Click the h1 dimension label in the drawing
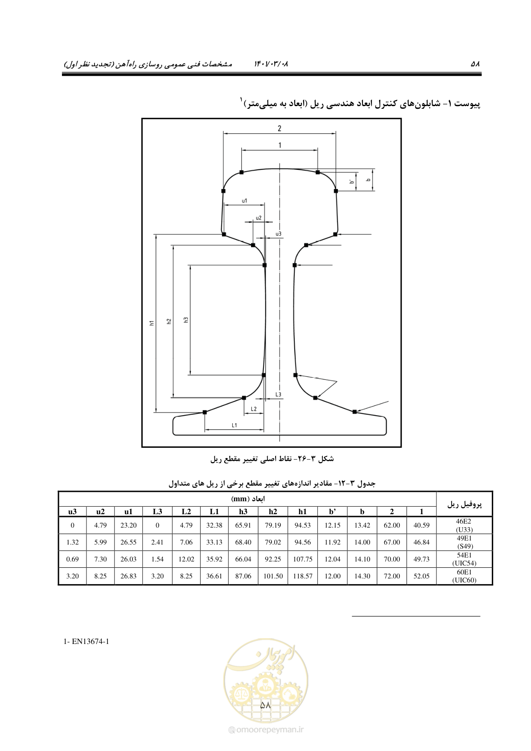152,323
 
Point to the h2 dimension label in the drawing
169,321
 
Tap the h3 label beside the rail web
186,320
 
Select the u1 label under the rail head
244,201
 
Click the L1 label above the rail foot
235,425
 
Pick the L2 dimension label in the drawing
254,409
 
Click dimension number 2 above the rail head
280,128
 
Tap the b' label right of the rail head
351,182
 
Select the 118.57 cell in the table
302,576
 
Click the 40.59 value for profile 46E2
421,525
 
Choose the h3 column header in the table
243,511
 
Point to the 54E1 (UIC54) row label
464,559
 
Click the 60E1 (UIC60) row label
464,576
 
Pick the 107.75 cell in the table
302,559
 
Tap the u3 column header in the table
72,511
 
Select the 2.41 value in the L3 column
157,542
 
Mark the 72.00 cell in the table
392,576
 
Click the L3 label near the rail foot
278,394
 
